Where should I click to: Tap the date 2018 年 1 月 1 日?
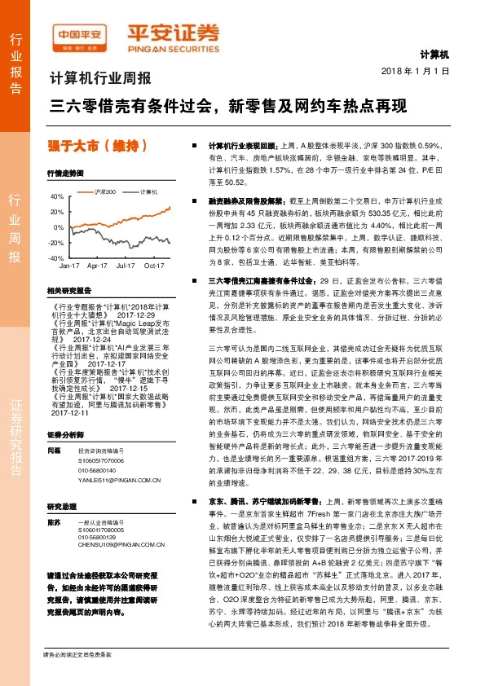[415, 72]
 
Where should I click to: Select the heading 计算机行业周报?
[101, 80]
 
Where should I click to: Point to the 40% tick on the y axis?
[57, 196]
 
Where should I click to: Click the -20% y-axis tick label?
[55, 243]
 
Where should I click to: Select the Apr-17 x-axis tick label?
[97, 266]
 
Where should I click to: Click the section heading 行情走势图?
[66, 174]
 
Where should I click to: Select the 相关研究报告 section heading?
[68, 289]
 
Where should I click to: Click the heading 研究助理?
[61, 505]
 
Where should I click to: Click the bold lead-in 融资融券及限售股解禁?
[243, 199]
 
